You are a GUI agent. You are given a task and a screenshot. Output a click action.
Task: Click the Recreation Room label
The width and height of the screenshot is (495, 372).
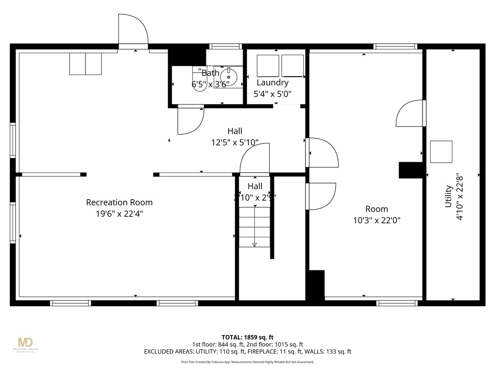[119, 202]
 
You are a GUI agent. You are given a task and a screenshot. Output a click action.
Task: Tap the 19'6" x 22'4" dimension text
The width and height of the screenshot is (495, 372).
[119, 213]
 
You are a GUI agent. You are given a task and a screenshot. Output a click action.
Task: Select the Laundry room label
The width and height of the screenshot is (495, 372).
[273, 83]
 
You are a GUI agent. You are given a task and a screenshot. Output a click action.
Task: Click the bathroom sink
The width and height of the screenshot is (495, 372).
[228, 77]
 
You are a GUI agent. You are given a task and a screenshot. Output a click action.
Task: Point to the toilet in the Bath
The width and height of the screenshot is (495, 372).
[198, 78]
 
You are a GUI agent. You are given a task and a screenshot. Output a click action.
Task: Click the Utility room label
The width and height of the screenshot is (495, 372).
[449, 196]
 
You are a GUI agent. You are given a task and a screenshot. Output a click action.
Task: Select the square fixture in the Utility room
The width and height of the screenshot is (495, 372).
[441, 152]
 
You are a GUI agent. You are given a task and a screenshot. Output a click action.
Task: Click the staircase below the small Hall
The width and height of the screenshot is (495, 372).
[254, 225]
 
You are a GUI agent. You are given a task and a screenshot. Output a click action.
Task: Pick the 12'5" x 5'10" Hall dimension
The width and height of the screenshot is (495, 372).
[234, 142]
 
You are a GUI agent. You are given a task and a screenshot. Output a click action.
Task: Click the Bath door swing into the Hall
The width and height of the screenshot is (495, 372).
[190, 121]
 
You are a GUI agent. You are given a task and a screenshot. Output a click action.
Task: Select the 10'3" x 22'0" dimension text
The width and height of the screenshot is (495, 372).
[376, 220]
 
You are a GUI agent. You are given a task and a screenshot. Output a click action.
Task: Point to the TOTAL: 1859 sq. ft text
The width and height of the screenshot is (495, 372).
[247, 337]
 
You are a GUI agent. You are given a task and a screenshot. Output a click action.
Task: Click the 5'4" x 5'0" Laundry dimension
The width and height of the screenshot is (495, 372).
[273, 94]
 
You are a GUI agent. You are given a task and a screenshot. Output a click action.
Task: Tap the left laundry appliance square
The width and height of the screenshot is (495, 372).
[268, 66]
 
